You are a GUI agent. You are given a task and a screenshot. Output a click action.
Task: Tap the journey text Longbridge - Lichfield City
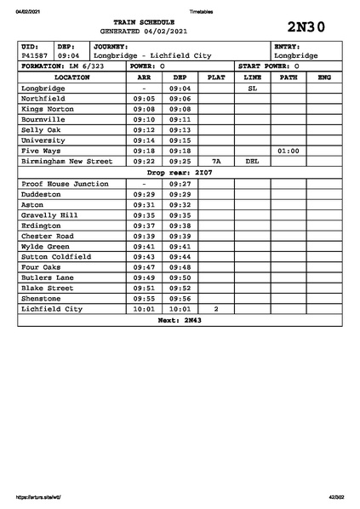pyautogui.click(x=151, y=55)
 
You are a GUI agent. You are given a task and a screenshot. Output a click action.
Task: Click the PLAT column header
pyautogui.click(x=216, y=77)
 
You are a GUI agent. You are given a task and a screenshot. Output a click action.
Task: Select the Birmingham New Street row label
pyautogui.click(x=66, y=161)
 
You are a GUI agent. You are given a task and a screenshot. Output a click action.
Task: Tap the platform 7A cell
pyautogui.click(x=216, y=161)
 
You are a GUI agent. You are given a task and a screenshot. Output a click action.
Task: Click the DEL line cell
pyautogui.click(x=252, y=161)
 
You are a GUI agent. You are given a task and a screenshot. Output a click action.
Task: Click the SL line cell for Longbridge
pyautogui.click(x=252, y=88)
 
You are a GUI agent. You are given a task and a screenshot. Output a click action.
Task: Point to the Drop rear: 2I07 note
pyautogui.click(x=180, y=172)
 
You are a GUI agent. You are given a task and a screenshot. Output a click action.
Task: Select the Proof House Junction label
pyautogui.click(x=65, y=184)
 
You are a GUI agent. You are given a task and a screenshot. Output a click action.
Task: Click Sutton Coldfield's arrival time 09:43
pyautogui.click(x=144, y=256)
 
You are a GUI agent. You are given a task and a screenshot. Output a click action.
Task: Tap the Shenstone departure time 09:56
pyautogui.click(x=180, y=299)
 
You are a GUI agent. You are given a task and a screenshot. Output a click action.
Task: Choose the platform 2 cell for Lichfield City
pyautogui.click(x=216, y=309)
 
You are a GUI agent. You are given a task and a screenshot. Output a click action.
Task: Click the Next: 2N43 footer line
pyautogui.click(x=180, y=320)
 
